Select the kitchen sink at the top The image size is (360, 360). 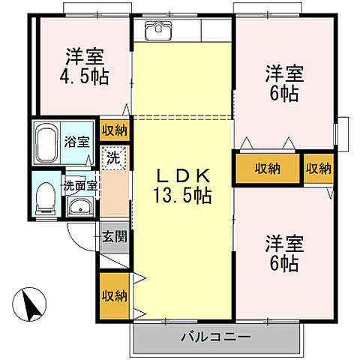[158, 31]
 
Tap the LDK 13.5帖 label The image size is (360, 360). [183, 186]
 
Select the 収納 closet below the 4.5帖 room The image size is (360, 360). [115, 130]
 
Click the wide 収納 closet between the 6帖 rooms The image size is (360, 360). [268, 169]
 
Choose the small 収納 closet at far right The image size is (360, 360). [318, 169]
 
